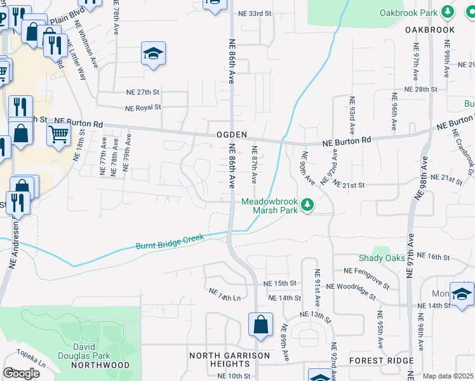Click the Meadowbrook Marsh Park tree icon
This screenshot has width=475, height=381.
[x=307, y=204]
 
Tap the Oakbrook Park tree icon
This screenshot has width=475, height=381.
[x=448, y=12]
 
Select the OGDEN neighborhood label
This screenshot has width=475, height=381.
[x=231, y=135]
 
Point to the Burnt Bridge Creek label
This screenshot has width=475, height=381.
[x=170, y=241]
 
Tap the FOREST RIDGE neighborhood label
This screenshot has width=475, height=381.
[x=381, y=360]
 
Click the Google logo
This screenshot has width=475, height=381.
[x=21, y=373]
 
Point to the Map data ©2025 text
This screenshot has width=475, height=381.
[x=448, y=376]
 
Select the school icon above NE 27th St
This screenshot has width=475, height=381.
[x=153, y=55]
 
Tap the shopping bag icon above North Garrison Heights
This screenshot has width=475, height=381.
[x=260, y=326]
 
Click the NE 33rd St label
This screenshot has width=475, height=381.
[x=254, y=13]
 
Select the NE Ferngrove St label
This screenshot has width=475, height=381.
[x=369, y=271]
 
